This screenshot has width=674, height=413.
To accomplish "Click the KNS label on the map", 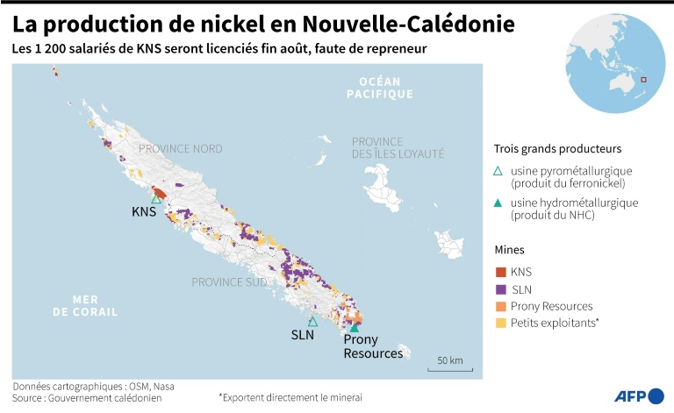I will pyautogui.click(x=144, y=212).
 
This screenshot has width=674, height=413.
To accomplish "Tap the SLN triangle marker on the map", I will pyautogui.click(x=312, y=322).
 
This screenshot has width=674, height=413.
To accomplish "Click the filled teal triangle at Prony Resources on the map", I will pyautogui.click(x=355, y=328).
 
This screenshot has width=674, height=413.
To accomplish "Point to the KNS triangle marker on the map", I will pyautogui.click(x=155, y=199).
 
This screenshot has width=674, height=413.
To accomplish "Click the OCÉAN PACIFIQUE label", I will pyautogui.click(x=379, y=88).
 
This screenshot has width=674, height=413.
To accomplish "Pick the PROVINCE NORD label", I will pyautogui.click(x=181, y=149).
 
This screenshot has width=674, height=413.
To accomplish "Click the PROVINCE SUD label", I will pyautogui.click(x=230, y=282).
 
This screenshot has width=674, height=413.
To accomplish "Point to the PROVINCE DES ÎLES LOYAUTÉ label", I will pyautogui.click(x=398, y=147).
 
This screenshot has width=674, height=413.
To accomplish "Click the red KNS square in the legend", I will pyautogui.click(x=501, y=272).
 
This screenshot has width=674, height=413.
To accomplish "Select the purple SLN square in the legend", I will pyautogui.click(x=501, y=289).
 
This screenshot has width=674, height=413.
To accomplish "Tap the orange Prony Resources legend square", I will pyautogui.click(x=501, y=306).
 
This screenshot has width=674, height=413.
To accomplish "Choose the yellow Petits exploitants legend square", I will pyautogui.click(x=501, y=324).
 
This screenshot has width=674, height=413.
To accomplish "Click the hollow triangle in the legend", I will pyautogui.click(x=499, y=171).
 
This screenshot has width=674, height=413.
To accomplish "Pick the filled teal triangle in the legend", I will pyautogui.click(x=499, y=203).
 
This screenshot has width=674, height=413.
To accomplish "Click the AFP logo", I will pyautogui.click(x=637, y=395).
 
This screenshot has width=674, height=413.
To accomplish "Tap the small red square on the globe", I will pyautogui.click(x=643, y=81).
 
